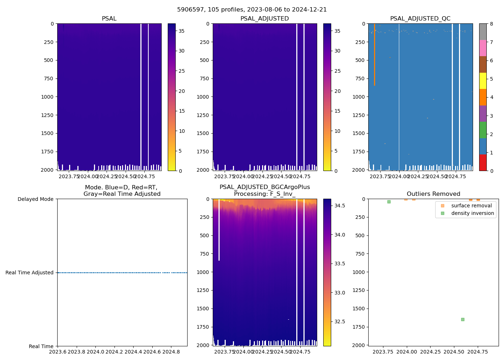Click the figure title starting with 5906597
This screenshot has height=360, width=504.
(x=252, y=10)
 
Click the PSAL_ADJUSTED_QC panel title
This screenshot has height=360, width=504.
(x=420, y=19)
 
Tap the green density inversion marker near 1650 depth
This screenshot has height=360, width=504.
(x=463, y=319)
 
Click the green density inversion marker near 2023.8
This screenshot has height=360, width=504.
(x=389, y=202)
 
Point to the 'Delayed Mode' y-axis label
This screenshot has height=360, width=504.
(x=35, y=199)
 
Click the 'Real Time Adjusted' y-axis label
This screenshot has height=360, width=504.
(x=30, y=273)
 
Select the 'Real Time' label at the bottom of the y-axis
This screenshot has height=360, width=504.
(x=41, y=346)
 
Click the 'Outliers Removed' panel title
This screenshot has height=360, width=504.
(x=433, y=194)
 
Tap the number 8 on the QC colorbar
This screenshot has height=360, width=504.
(x=491, y=24)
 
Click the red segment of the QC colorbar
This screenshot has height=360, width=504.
(x=483, y=162)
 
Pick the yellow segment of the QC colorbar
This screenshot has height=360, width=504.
(x=483, y=81)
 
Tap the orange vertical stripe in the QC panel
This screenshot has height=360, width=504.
(x=374, y=54)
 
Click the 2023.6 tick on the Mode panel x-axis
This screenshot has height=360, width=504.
(x=58, y=352)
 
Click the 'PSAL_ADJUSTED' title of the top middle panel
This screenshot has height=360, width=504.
(x=265, y=19)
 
